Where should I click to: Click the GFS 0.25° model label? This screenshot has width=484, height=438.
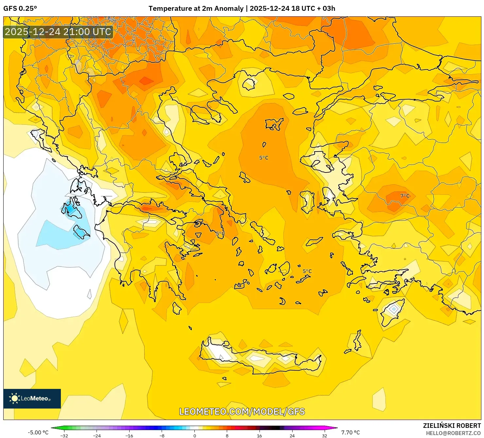click(20, 9)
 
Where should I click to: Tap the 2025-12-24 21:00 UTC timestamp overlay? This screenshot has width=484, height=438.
click(58, 32)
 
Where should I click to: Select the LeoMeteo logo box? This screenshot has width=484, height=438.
click(32, 398)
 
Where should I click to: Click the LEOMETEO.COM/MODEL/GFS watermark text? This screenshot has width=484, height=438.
click(242, 411)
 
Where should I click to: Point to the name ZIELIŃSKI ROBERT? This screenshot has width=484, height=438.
click(452, 426)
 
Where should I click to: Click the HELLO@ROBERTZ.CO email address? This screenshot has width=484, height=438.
click(453, 433)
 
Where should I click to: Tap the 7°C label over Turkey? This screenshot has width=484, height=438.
click(405, 196)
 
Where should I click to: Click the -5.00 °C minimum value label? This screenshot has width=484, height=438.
click(38, 432)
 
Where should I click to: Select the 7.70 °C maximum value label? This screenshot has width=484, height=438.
click(350, 432)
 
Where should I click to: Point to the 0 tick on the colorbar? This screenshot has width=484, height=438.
click(195, 435)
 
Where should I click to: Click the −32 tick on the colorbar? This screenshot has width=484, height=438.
click(64, 435)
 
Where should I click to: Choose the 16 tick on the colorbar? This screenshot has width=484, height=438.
click(260, 435)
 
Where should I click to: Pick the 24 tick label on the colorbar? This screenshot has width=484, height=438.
click(292, 435)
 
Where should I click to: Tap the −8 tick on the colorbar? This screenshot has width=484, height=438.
click(162, 435)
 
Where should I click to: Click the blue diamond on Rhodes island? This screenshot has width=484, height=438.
click(394, 309)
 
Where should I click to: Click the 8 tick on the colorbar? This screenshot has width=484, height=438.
click(227, 435)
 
